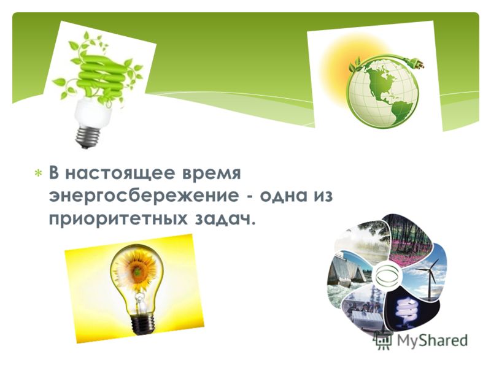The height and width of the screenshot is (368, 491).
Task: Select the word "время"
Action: tap(212, 174)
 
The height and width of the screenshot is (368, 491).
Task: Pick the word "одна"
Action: tap(284, 196)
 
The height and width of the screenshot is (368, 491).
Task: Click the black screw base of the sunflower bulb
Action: tap(143, 323)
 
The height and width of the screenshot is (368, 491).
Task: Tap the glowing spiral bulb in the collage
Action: tap(406, 310)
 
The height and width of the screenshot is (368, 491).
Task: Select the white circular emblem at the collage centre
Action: tap(387, 275)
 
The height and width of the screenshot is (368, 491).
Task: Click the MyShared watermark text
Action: tap(432, 340)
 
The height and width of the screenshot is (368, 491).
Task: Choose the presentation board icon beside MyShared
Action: tap(383, 340)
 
